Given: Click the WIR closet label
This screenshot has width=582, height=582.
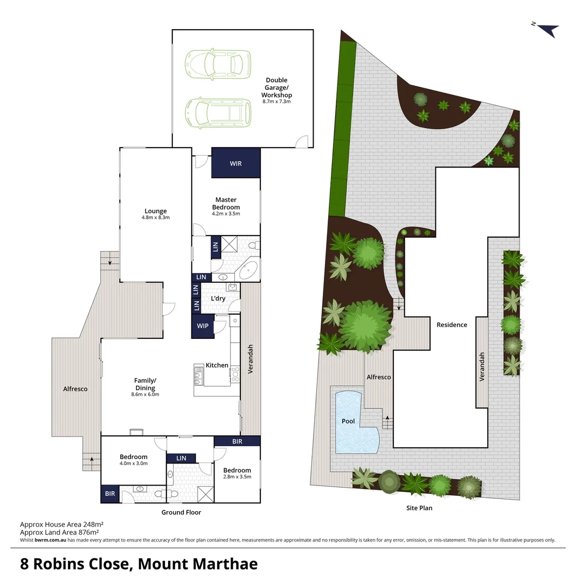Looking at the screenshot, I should tap(235, 163).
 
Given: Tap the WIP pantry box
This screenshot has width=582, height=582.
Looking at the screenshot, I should tap(203, 327).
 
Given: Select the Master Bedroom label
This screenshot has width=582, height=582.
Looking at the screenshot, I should tap(226, 204).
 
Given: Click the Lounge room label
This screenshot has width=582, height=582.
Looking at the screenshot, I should tap(155, 211).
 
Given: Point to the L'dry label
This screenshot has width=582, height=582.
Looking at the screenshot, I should tap(218, 299).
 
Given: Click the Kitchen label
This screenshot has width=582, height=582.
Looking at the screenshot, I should tap(217, 365).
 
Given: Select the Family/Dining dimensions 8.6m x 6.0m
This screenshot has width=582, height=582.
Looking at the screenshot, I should tap(145, 394).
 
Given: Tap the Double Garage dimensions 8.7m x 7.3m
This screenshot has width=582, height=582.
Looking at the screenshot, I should tap(276, 102).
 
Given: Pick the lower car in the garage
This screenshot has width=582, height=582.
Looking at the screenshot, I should tap(218, 112).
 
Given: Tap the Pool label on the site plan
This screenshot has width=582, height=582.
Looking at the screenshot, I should tap(348, 421).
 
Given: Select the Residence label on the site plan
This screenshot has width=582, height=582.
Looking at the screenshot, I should tap(452, 325).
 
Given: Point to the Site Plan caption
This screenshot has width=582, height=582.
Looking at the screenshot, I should tap(419, 508).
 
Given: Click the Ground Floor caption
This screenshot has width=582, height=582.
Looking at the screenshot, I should tap(181, 512).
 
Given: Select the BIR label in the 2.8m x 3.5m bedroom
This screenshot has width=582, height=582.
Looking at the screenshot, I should tap(237, 442).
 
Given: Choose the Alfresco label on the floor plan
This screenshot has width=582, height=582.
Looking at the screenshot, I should tap(75, 389).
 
